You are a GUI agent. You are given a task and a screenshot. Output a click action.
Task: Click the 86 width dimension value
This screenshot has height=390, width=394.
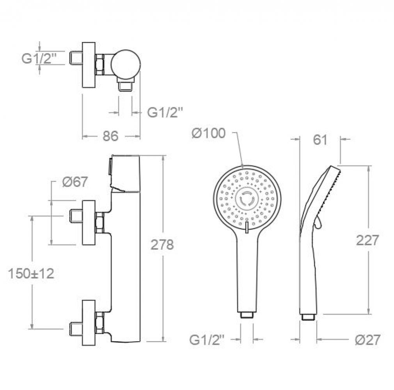(110, 136)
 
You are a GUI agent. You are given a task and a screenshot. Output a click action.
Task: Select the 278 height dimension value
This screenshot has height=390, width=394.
(162, 245)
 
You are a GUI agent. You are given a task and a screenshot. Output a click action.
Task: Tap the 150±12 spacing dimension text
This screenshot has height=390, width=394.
(31, 273)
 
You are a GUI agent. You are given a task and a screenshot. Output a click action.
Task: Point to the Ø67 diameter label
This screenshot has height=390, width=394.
(75, 182)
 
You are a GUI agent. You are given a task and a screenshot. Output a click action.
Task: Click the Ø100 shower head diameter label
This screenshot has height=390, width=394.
(209, 133)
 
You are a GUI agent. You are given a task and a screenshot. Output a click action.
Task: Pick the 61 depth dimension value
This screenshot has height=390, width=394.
(320, 140)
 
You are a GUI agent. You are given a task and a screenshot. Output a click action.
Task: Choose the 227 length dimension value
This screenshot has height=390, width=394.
(367, 240)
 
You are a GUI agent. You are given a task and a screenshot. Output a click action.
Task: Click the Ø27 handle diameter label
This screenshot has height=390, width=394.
(367, 340)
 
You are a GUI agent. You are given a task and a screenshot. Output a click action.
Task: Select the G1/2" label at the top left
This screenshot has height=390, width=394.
(39, 58)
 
